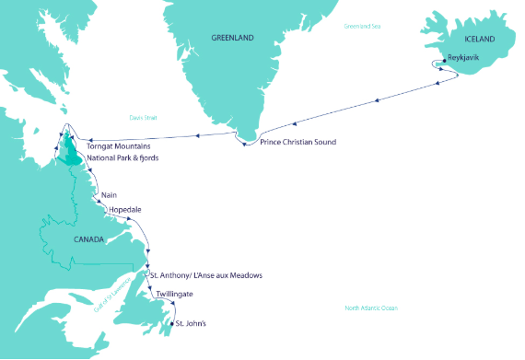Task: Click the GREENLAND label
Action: tap(232, 39)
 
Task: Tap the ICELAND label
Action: tap(479, 40)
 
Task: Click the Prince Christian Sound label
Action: tap(297, 142)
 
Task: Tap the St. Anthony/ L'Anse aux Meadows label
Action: tap(212, 276)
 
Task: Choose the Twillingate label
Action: tap(175, 294)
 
